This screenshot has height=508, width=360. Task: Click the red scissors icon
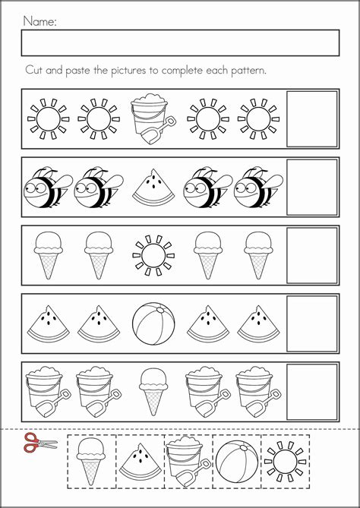pos(40,443)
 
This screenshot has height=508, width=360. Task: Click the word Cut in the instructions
pos(34,71)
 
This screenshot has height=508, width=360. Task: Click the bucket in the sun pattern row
pos(153,118)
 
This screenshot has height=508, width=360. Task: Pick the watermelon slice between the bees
pos(153,187)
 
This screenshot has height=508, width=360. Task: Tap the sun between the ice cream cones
pos(153,255)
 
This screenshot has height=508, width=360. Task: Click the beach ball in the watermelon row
pos(153,323)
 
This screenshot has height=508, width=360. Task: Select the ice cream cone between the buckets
pos(153,391)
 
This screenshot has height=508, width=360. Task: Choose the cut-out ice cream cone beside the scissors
pos(91,462)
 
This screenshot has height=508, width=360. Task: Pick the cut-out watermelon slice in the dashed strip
pos(141,462)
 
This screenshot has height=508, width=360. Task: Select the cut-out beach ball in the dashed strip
pos(237,462)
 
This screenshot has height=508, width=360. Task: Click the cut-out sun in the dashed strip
pos(285,462)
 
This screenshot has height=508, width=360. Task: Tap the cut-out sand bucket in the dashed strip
pos(188,462)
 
